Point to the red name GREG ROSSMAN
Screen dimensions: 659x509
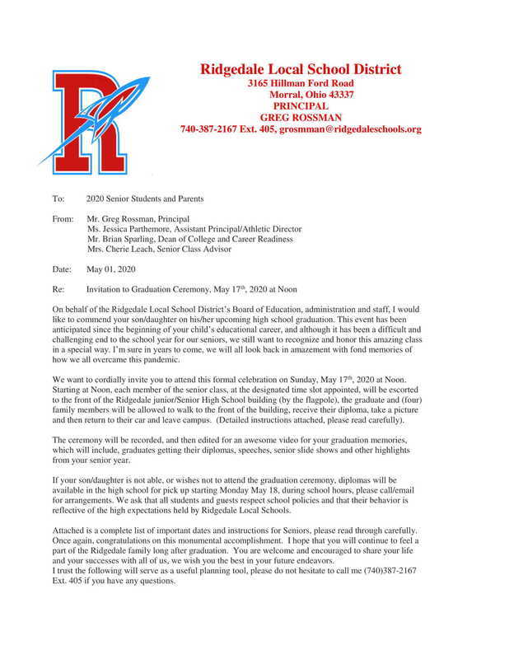[x=301, y=118]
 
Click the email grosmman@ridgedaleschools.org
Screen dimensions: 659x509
[x=350, y=129]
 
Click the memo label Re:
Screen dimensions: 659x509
[x=57, y=290]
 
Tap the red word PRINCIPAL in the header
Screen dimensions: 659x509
[x=301, y=106]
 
